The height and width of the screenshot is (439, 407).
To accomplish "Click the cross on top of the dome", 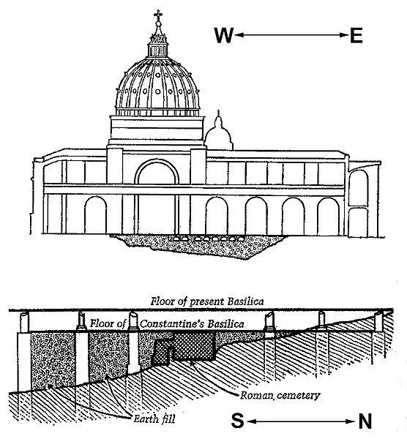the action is [158, 15].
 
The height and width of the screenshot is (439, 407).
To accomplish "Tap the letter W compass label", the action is [224, 35].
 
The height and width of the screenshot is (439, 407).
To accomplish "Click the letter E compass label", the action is [356, 35].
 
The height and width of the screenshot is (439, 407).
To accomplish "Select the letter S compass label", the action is [237, 421].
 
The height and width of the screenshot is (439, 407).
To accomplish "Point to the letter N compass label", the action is [365, 421].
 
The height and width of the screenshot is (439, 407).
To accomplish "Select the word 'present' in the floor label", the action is [207, 301].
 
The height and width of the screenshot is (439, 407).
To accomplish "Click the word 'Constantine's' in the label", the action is [171, 324].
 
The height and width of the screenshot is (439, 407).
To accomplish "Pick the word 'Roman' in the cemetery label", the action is [257, 395].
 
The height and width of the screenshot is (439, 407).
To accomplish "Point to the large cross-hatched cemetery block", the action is [194, 346].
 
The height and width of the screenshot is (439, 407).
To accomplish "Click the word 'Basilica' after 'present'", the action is [245, 301].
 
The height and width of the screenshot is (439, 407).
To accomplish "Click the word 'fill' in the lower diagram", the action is [168, 419].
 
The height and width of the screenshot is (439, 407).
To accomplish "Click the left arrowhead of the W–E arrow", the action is [239, 35].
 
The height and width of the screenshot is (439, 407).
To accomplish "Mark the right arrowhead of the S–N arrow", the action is [351, 421].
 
